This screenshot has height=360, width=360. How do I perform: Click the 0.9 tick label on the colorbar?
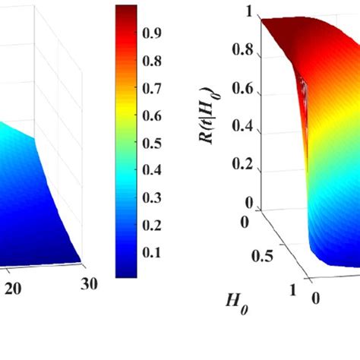coord(154,34)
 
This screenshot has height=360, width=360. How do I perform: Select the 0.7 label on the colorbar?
coord(154,89)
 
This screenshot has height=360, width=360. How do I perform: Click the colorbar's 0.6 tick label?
coord(154,116)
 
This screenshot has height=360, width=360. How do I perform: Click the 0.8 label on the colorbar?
coord(154,62)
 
